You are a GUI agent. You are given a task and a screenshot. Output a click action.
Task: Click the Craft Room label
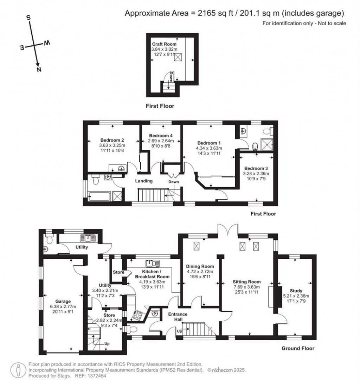click(164, 44)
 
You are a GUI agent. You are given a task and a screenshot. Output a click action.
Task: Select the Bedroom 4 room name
click(161, 136)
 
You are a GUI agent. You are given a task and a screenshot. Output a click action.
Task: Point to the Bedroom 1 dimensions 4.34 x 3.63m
click(209, 148)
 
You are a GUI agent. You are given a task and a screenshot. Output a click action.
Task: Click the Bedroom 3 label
click(256, 168)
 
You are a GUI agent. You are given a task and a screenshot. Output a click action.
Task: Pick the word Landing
click(144, 181)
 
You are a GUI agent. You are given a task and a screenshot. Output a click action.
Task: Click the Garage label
click(63, 301)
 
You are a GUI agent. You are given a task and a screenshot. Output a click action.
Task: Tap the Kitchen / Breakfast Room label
click(152, 274)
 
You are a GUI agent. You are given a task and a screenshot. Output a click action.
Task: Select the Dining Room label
click(200, 266)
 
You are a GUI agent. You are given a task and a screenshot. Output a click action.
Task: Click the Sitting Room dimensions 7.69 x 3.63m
click(246, 287)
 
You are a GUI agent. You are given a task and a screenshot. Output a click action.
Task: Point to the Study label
click(296, 291)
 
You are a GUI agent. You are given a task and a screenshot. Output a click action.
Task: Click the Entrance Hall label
click(178, 316)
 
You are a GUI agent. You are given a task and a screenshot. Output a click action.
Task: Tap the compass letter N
click(39, 70)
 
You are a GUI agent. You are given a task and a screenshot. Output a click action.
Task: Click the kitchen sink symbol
click(152, 263)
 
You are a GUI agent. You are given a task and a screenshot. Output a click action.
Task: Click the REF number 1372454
click(96, 376)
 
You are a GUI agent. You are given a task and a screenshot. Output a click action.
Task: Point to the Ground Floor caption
click(298, 349)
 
